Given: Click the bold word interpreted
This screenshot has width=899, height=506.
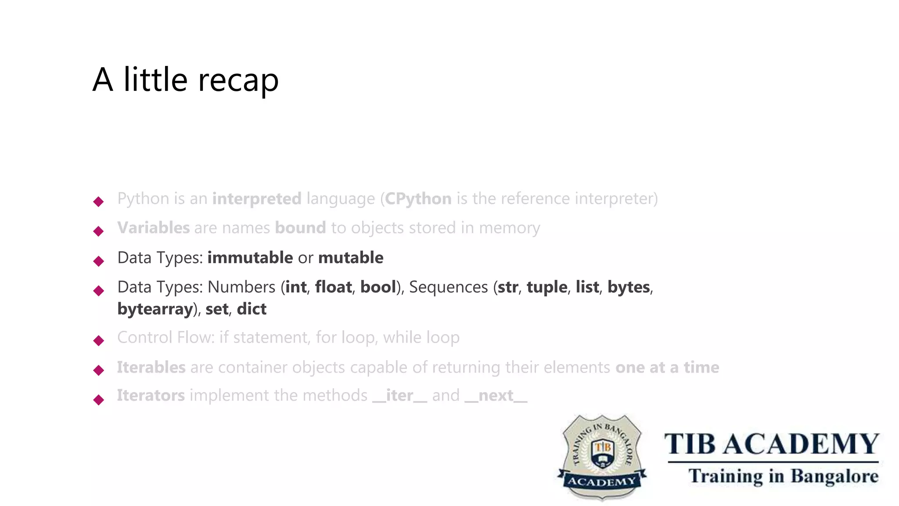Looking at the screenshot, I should (257, 199).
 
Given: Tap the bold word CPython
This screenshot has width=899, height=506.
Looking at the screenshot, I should (418, 199).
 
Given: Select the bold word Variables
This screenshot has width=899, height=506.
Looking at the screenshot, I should (153, 228).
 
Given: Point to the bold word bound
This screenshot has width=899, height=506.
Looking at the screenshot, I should (300, 228).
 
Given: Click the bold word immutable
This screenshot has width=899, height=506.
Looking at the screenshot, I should (250, 258).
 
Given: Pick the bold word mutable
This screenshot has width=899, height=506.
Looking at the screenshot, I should (350, 258).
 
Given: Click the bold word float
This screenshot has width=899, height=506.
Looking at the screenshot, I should (333, 287).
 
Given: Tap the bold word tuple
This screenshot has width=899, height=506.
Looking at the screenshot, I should (547, 287).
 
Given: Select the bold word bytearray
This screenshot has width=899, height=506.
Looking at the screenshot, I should (155, 309).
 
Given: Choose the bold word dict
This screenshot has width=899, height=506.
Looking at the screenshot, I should (252, 309).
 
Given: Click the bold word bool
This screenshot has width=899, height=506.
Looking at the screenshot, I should (378, 287).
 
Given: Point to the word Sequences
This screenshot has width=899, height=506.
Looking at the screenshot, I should (448, 287).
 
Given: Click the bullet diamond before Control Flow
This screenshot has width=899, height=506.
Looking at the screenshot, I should (99, 340).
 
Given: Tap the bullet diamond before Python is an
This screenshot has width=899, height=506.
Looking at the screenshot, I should (99, 202).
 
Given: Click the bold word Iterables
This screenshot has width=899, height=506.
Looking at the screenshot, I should (151, 368).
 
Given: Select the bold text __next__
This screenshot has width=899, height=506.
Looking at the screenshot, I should (496, 396).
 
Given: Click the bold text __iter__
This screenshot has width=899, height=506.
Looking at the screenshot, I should (399, 396).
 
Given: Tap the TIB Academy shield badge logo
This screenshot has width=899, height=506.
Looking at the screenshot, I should (602, 457).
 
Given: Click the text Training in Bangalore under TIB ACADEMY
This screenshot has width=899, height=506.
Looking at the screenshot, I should (783, 476).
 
